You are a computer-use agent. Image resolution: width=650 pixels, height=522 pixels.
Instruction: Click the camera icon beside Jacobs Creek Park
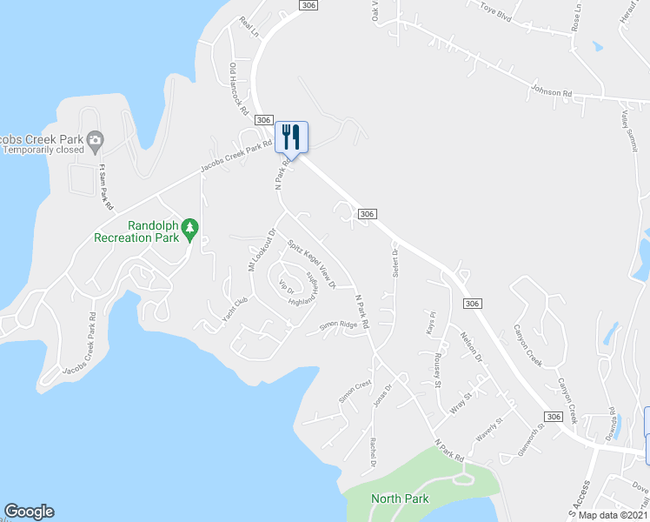click(96, 139)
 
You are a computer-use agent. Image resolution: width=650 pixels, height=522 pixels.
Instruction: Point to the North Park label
click(400, 499)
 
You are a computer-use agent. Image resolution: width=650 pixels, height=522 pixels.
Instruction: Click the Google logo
click(29, 512)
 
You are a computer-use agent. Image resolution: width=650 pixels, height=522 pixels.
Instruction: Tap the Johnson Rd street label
click(551, 90)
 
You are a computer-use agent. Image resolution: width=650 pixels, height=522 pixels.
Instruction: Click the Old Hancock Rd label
click(239, 90)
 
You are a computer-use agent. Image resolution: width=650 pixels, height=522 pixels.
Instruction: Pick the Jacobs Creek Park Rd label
click(231, 157)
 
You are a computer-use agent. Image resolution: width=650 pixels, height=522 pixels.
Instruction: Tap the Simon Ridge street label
click(338, 326)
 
